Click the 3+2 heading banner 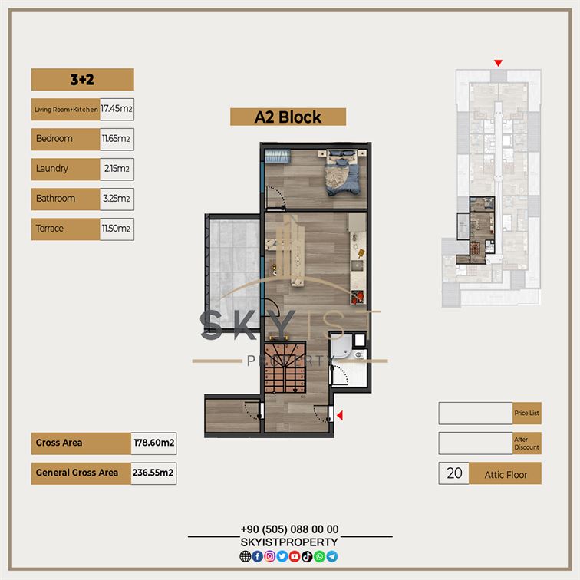pyautogui.click(x=83, y=79)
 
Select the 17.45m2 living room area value pyautogui.click(x=117, y=109)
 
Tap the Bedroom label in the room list pyautogui.click(x=54, y=139)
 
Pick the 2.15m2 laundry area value pyautogui.click(x=117, y=169)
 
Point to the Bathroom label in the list pyautogui.click(x=55, y=199)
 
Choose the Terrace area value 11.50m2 pyautogui.click(x=116, y=229)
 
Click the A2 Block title pyautogui.click(x=288, y=117)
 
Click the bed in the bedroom pyautogui.click(x=342, y=172)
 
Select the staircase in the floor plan pyautogui.click(x=285, y=367)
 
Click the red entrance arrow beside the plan pyautogui.click(x=340, y=415)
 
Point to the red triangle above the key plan pyautogui.click(x=498, y=63)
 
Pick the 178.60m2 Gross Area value pyautogui.click(x=154, y=443)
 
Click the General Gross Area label pyautogui.click(x=77, y=473)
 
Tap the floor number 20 pyautogui.click(x=454, y=473)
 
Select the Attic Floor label pyautogui.click(x=506, y=475)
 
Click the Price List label pyautogui.click(x=527, y=413)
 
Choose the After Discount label pyautogui.click(x=527, y=443)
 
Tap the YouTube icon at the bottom pyautogui.click(x=295, y=556)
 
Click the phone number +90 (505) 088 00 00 pyautogui.click(x=290, y=529)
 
